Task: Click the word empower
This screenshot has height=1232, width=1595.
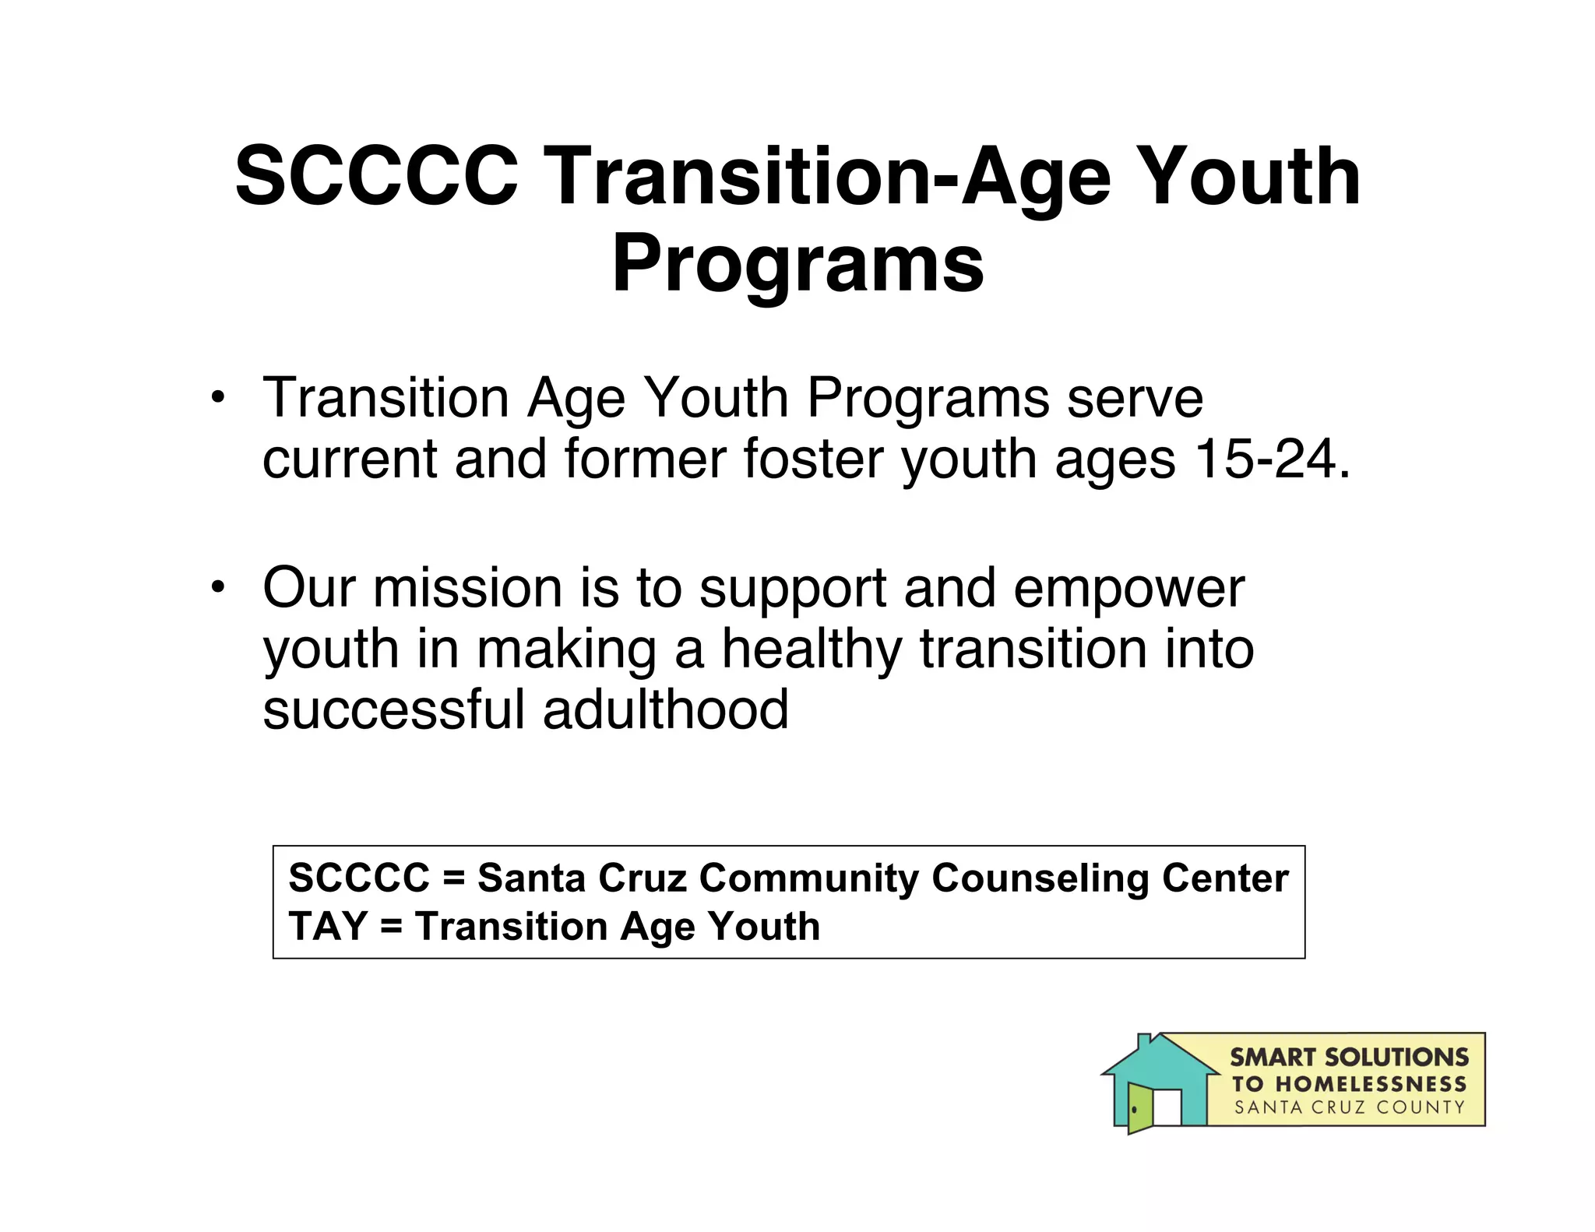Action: pos(1128,590)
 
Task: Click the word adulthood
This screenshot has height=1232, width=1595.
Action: pos(666,709)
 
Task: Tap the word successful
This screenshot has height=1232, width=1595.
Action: pos(394,709)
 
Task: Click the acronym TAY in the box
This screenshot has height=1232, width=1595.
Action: pos(327,927)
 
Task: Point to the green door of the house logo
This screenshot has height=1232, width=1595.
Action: pos(1139,1108)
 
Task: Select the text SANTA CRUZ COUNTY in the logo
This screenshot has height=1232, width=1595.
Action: pos(1350,1107)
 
